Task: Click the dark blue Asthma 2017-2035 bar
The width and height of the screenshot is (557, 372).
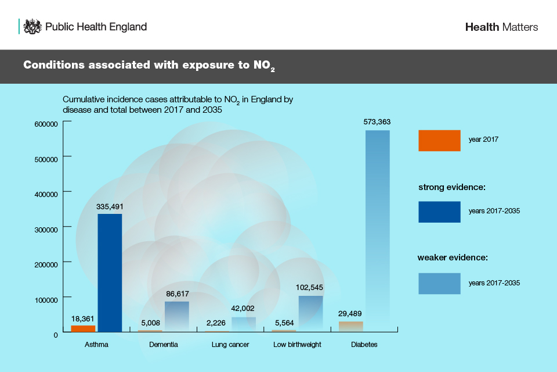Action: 110,273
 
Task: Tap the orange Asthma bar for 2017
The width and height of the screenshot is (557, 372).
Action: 83,328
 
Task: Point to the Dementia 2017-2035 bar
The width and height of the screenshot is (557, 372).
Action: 176,316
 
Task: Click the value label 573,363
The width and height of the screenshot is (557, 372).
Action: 377,122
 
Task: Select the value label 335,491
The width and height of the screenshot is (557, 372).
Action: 110,206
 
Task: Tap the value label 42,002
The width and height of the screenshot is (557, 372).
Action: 243,309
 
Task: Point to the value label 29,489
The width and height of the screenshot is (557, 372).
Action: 350,313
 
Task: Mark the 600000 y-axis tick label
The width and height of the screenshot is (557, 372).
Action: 45,124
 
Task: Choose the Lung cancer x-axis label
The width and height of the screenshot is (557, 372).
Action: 230,345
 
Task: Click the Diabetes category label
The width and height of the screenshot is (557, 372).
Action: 364,345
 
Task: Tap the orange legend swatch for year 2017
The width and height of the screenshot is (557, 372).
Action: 439,140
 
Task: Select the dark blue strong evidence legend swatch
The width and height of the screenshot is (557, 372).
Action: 439,212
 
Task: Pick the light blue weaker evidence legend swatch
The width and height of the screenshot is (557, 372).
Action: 439,283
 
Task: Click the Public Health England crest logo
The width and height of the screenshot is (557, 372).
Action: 32,27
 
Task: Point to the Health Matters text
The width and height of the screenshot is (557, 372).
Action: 501,27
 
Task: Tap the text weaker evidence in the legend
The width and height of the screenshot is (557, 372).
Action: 451,257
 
